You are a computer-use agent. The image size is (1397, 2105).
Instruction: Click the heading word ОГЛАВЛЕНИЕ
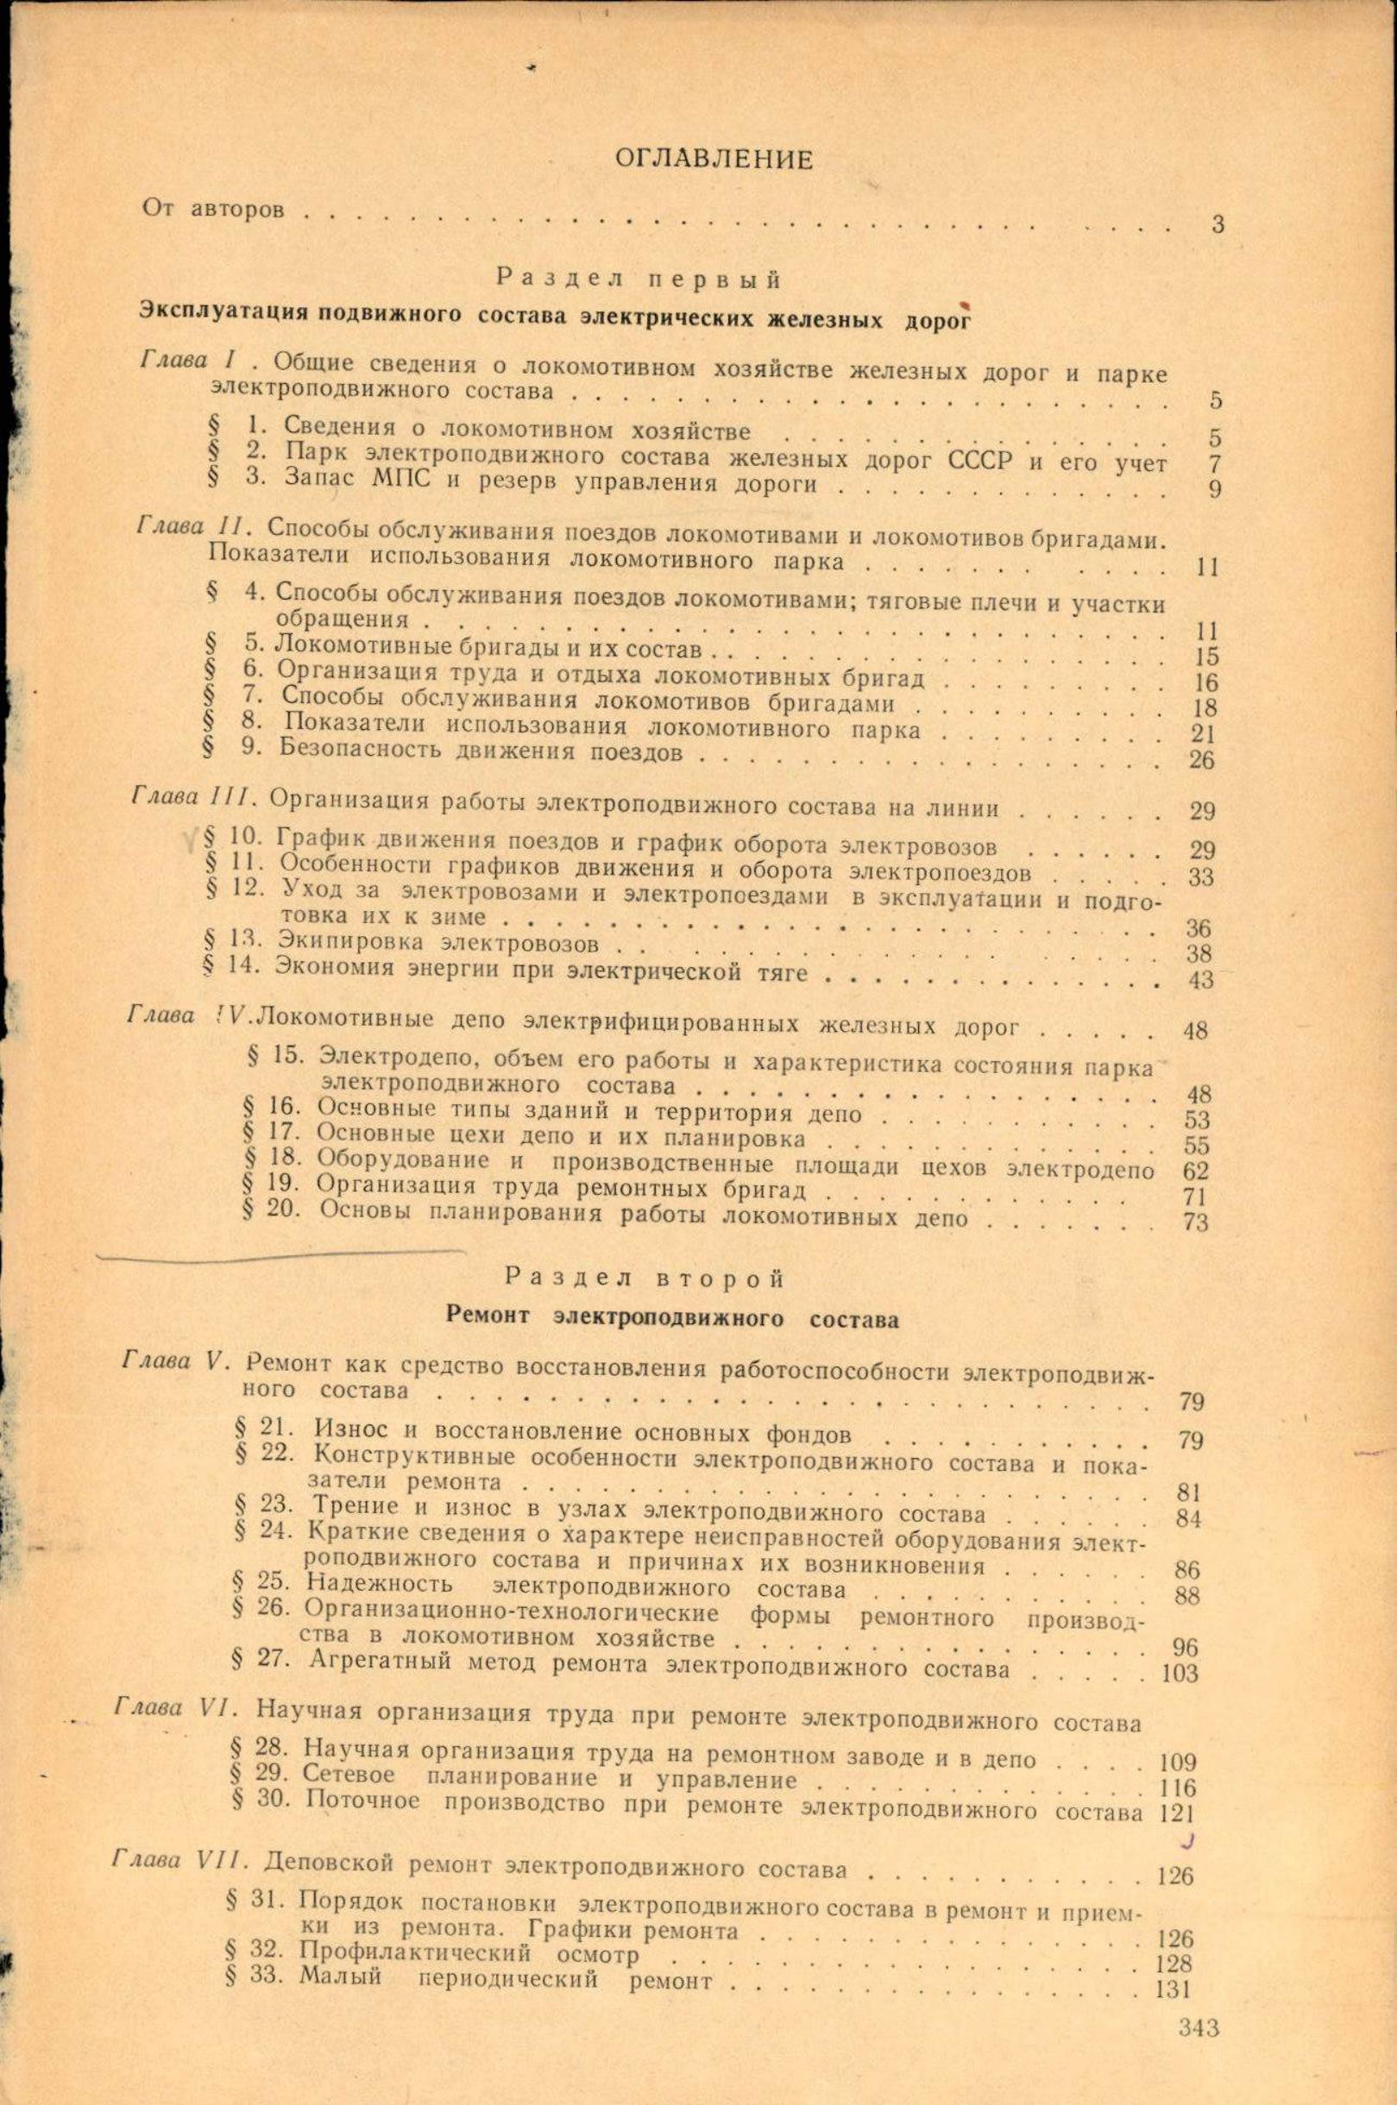(x=714, y=160)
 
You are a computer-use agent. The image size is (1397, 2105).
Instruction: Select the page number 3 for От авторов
(x=1217, y=223)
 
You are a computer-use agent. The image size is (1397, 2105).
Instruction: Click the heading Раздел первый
(x=639, y=278)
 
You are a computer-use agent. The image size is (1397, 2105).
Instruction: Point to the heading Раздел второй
(x=645, y=1279)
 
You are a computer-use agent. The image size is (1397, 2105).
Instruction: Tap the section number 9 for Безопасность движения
(x=251, y=747)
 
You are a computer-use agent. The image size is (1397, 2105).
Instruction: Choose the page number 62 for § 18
(x=1196, y=1171)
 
